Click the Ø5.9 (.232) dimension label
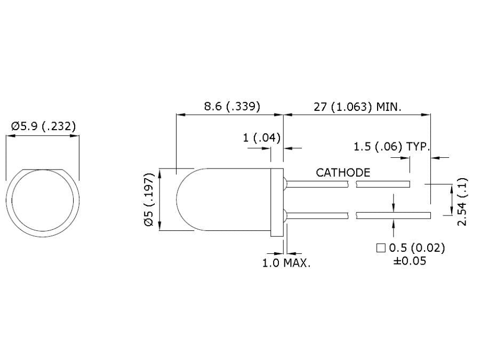tap(43, 126)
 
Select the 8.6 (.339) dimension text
tap(233, 106)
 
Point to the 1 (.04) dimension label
tap(262, 138)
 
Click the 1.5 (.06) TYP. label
tap(391, 146)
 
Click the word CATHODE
tap(343, 172)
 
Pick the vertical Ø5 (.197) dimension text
tap(150, 201)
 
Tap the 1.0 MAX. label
tap(286, 263)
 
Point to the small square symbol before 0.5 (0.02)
tap(381, 248)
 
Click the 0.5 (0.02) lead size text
tap(417, 248)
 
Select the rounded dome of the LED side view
tap(187, 201)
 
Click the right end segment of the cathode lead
tap(383, 184)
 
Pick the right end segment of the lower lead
tap(394, 215)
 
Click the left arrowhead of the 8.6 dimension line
tap(180, 114)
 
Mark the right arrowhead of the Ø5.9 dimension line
tap(76, 136)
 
